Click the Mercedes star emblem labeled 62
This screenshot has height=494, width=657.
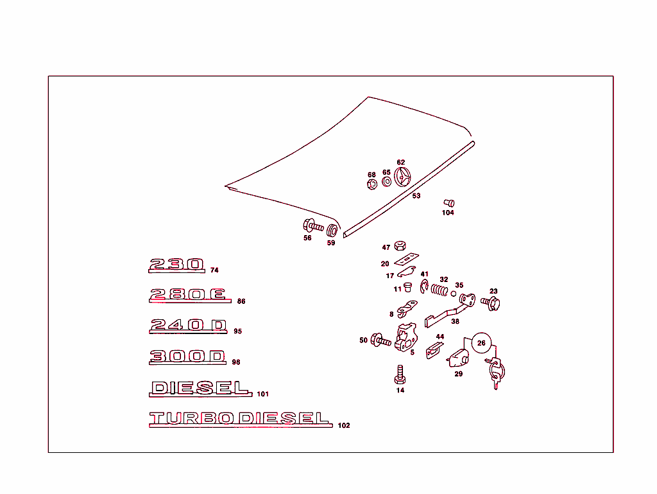coord(402,177)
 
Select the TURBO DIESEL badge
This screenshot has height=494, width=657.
coord(241,419)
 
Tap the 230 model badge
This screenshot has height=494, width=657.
coord(177,265)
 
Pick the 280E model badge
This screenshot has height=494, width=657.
coord(190,296)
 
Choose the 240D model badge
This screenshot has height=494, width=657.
coord(188,326)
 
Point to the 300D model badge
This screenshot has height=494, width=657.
coord(187,357)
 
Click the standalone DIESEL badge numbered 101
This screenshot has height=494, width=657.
coord(200,388)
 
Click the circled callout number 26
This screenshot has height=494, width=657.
coord(481,343)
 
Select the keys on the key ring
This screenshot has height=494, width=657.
coord(495,371)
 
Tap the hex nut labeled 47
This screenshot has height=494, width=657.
coord(400,246)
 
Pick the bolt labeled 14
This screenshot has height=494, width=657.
coord(400,375)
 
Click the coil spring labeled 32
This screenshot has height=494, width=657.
coord(439,290)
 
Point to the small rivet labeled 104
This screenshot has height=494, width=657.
coord(449,203)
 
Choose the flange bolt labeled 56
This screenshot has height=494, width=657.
coord(313,226)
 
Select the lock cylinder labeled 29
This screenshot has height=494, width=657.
coord(458,358)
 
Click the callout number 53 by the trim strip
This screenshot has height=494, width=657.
coord(416,196)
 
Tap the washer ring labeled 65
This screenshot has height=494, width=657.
coord(387,182)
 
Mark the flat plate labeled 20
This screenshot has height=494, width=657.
coord(406,259)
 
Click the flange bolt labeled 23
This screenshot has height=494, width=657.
coord(491,303)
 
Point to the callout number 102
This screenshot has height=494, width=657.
coord(344,425)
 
